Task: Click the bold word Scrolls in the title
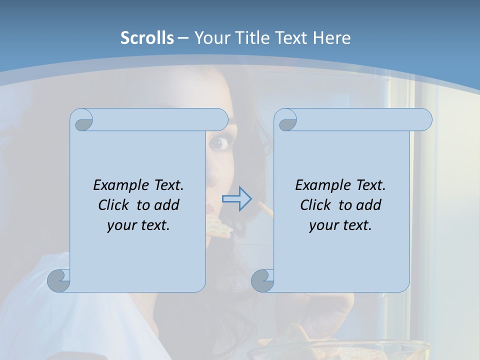pos(147,38)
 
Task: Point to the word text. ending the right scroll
pos(355,225)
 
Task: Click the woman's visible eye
pos(218,143)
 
